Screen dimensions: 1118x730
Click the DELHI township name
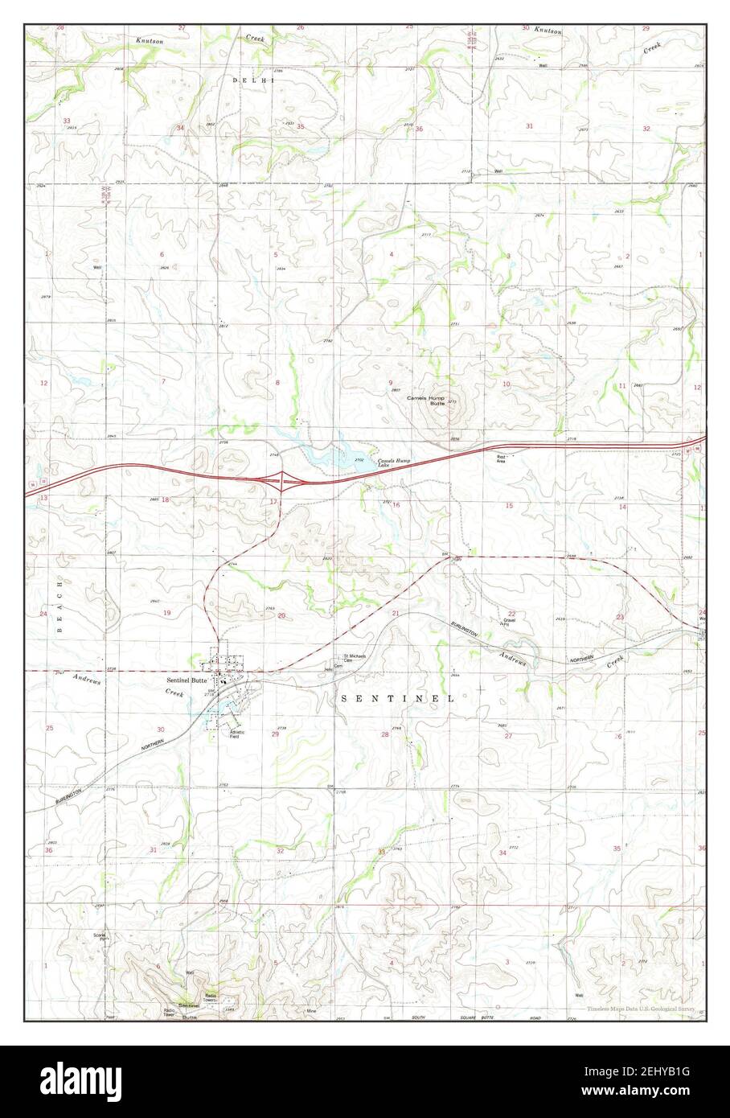(253, 80)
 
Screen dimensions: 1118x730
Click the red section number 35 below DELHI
(300, 126)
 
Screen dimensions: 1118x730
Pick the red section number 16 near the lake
(396, 504)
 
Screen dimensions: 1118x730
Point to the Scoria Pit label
(100, 937)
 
